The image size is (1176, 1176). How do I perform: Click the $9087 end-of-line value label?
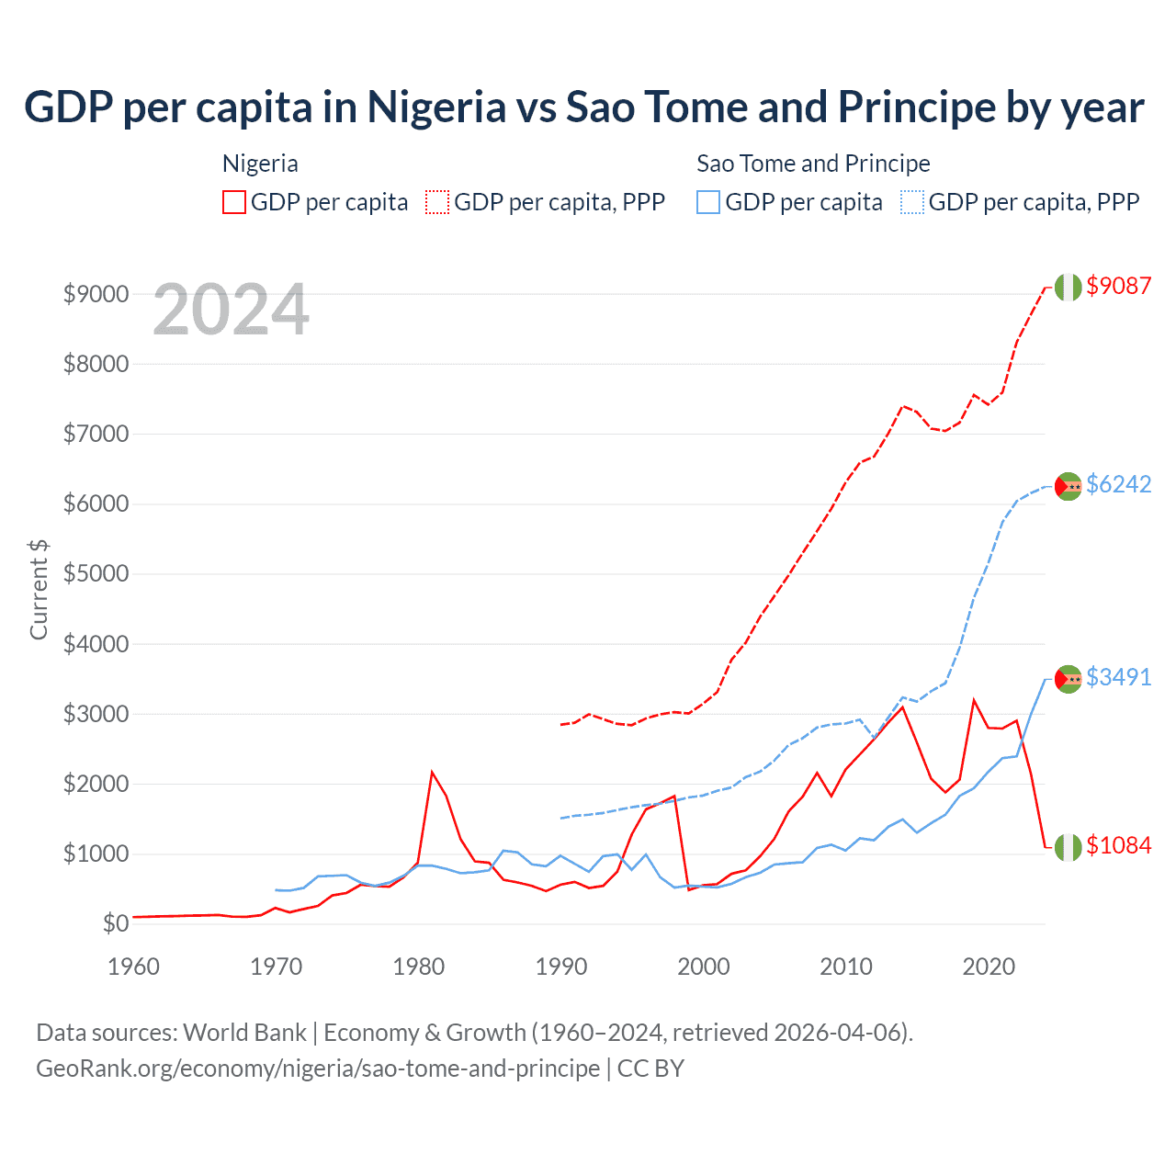[1118, 286]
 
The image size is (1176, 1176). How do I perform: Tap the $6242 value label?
[1118, 484]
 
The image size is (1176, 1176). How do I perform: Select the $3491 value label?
[1118, 677]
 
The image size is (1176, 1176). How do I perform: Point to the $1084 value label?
[1118, 845]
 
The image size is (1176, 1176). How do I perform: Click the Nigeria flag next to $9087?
[1068, 287]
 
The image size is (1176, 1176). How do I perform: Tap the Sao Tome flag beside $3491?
[1068, 679]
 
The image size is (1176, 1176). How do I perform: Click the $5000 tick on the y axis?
[96, 574]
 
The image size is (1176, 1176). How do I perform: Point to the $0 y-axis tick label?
[115, 923]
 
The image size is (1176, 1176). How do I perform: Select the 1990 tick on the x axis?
[561, 967]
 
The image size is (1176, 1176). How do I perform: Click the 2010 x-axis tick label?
[846, 967]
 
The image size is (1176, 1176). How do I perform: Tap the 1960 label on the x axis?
[134, 967]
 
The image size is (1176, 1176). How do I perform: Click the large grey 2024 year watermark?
[231, 310]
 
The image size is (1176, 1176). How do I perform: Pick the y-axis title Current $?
[39, 590]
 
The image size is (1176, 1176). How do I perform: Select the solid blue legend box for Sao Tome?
[708, 202]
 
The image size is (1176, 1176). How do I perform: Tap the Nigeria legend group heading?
[260, 164]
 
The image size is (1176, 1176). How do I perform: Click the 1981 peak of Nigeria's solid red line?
[432, 772]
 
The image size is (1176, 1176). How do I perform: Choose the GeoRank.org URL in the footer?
[318, 1069]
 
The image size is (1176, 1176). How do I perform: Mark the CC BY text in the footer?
[650, 1069]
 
